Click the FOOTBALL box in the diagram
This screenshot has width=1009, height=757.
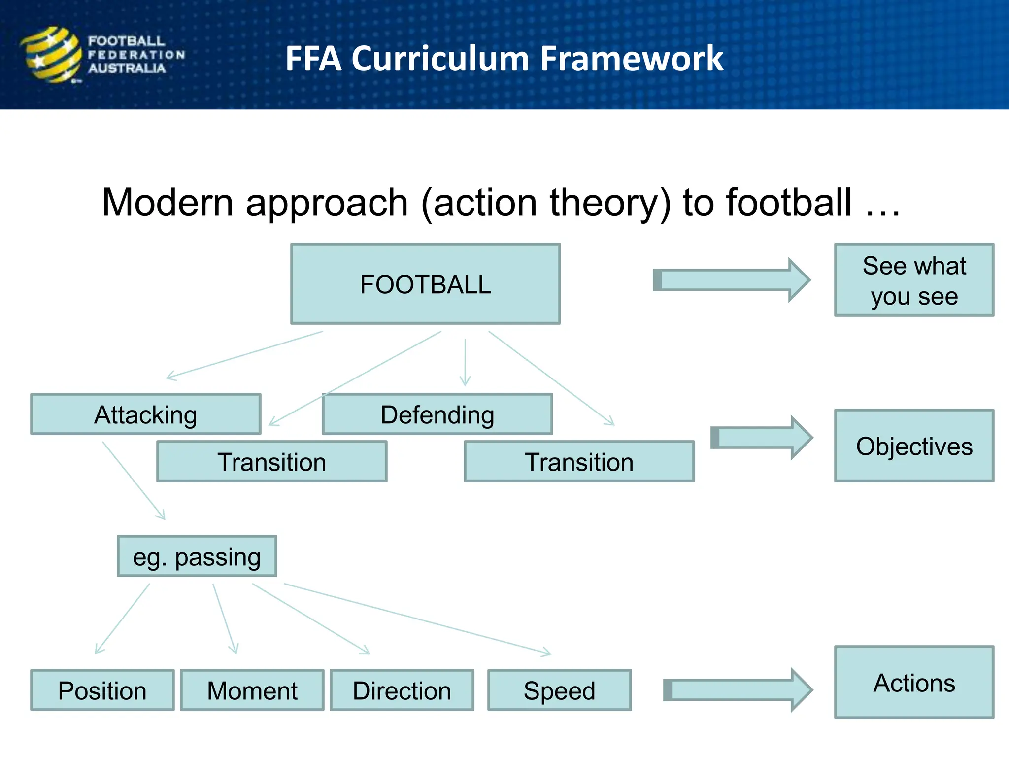(x=425, y=284)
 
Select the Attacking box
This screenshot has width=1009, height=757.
(x=146, y=414)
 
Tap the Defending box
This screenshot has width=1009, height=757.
(x=437, y=414)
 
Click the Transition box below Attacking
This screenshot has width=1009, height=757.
(x=272, y=461)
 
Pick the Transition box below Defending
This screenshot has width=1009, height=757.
(x=579, y=461)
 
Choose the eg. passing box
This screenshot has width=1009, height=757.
(x=197, y=556)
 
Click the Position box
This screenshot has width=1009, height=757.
(x=102, y=690)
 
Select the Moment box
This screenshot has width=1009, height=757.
(x=252, y=690)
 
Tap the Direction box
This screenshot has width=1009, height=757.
(x=402, y=690)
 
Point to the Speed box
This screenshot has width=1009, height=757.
(x=559, y=690)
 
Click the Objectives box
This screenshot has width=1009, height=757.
(x=914, y=446)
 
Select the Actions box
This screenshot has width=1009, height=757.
(x=914, y=682)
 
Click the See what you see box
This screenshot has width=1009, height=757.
(x=914, y=280)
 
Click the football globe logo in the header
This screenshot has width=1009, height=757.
(x=51, y=54)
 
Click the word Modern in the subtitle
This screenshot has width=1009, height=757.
(x=168, y=203)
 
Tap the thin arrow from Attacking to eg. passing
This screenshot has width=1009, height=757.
(x=134, y=481)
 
